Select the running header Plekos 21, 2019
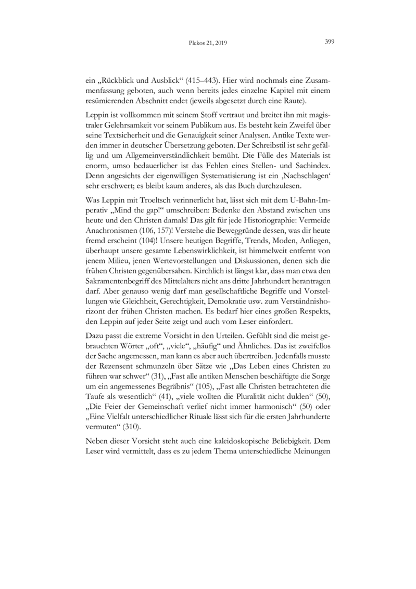(x=208, y=43)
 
